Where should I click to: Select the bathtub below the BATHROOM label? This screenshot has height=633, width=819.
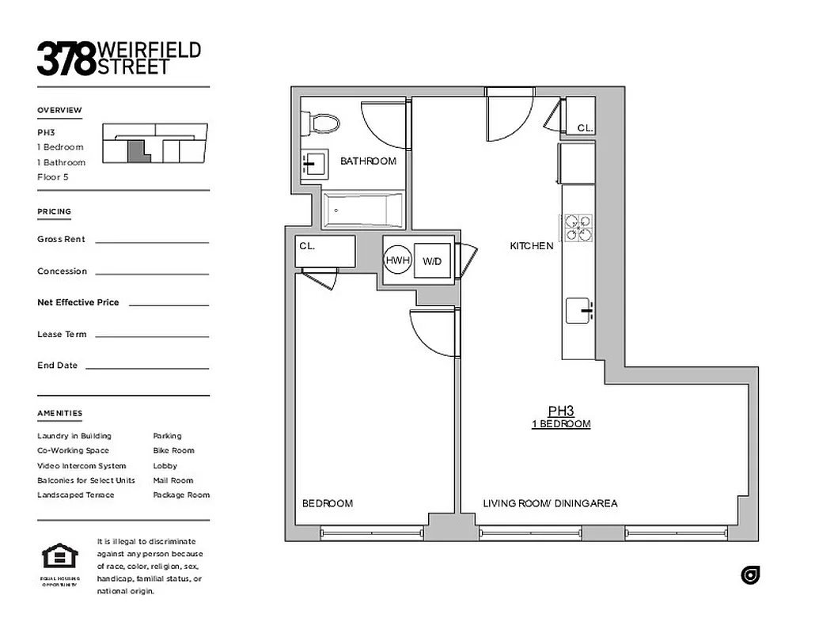coord(363,210)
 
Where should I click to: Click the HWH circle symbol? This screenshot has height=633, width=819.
coord(397,260)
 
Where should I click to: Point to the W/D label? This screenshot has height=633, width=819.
coord(432,261)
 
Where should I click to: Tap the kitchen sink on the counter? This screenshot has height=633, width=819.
coord(580,310)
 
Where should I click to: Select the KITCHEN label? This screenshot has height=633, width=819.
coord(531,246)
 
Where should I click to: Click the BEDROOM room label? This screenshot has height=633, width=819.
coord(328,503)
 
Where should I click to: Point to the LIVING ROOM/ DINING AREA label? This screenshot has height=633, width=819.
coord(550,503)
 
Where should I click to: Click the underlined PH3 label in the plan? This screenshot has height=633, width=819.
coord(560,411)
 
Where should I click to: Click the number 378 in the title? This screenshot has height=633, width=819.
coord(66,59)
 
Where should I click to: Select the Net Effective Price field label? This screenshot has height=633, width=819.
coord(78,302)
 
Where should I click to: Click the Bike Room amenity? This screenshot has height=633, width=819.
coord(173,450)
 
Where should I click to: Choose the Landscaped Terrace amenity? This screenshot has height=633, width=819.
coord(75,495)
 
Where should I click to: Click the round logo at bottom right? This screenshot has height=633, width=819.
coord(750,575)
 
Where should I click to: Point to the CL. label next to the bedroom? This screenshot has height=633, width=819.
coord(307,246)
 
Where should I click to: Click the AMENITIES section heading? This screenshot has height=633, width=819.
coord(59,413)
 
